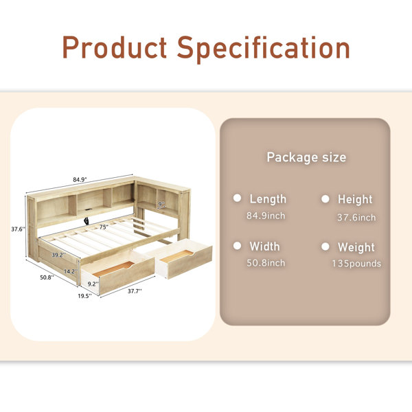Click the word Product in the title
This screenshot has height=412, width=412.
click(115, 47)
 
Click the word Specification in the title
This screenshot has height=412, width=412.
click(263, 49)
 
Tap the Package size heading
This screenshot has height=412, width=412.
click(306, 157)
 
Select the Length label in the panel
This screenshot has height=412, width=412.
click(268, 199)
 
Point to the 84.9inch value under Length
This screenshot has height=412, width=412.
click(266, 216)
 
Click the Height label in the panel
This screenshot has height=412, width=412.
click(355, 199)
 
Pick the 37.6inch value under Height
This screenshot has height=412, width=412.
click(356, 218)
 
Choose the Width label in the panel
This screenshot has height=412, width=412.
click(264, 247)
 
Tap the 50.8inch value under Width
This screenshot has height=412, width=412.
click(266, 263)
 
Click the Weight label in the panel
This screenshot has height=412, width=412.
click(356, 247)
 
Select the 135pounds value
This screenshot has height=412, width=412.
click(356, 264)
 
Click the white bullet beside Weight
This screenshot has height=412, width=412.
click(325, 247)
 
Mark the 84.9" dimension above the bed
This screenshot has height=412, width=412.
click(80, 180)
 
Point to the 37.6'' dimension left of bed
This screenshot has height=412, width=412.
click(18, 229)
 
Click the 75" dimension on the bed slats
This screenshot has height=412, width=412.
click(104, 227)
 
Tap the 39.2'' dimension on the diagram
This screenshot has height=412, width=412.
click(58, 255)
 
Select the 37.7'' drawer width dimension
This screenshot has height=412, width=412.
click(135, 291)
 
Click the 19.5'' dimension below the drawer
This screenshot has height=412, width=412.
click(84, 296)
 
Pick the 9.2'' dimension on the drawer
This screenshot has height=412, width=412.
click(93, 284)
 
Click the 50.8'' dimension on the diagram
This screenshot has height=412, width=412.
click(47, 277)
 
